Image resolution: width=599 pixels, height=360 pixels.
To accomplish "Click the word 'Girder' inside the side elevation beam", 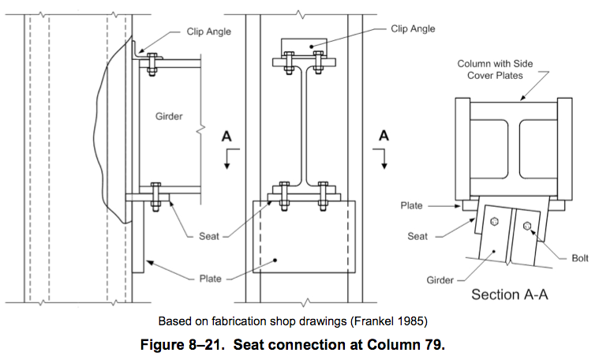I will (x=170, y=116).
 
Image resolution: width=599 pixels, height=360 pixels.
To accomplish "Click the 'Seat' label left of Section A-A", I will (x=417, y=236).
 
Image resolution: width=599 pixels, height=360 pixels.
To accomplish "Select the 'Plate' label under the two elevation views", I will (x=211, y=278).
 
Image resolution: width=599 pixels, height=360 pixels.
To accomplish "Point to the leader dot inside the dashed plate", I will (x=276, y=259).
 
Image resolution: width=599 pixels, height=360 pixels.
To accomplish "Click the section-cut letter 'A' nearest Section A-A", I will (x=384, y=135).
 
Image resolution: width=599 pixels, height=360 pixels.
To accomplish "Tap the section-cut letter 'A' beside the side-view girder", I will (x=226, y=135).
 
